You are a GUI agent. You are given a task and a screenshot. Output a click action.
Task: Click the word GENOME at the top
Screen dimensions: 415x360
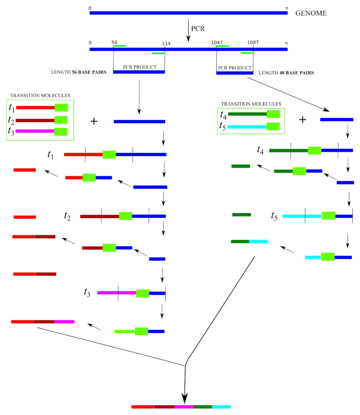coord(311,13)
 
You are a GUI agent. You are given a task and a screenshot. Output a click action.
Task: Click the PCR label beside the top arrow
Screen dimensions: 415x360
coord(199,29)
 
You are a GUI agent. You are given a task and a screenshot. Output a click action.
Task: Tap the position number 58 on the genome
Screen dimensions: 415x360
coord(114,43)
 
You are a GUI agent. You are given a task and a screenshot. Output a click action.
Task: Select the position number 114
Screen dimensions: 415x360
coord(166,43)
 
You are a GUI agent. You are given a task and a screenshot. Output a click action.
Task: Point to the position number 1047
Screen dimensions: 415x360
coord(217,43)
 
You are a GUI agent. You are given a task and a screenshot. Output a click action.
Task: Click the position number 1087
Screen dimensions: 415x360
coord(253,43)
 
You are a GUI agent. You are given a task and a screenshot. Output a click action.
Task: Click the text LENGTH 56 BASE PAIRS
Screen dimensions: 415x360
coord(79,72)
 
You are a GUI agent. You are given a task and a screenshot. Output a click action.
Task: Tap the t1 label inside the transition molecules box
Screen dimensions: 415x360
coord(11,108)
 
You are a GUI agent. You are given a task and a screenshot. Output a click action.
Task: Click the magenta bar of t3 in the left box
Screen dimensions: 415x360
coord(35,131)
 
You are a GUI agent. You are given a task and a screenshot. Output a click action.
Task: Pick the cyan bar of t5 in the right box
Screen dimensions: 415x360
coord(247,127)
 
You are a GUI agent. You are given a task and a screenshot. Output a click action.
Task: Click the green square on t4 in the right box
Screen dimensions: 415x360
coord(273,114)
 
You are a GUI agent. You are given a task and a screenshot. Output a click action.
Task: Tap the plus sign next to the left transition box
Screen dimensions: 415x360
coord(94,121)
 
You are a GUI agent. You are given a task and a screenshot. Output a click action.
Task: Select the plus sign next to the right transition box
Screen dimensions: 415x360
coord(302,120)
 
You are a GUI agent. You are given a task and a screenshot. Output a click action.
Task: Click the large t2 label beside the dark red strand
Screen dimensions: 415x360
coord(68,216)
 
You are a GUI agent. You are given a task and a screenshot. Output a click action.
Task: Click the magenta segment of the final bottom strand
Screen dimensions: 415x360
coord(184,407)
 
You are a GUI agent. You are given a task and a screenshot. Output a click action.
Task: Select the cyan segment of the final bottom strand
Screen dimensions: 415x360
coord(221,407)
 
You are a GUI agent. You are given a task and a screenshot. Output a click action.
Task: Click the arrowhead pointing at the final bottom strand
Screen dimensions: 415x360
coord(185,398)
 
